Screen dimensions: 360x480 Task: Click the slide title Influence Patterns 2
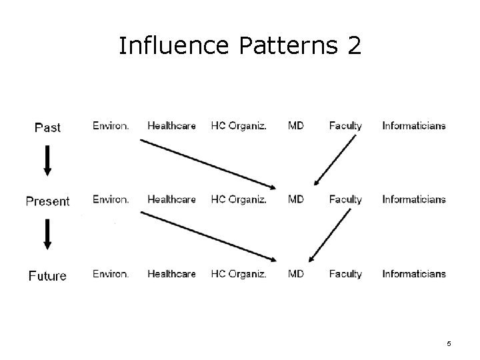click(x=240, y=46)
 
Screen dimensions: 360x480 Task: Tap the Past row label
click(x=47, y=127)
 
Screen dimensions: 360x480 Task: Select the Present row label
click(x=47, y=201)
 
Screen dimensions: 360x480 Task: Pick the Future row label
click(x=47, y=275)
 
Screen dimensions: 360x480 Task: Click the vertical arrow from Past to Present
click(x=47, y=161)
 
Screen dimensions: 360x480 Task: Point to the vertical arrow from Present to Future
click(x=47, y=235)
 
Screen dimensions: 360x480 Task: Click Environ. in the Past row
click(x=111, y=125)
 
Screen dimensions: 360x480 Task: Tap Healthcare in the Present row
click(x=171, y=199)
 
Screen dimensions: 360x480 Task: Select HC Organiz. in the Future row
click(x=238, y=274)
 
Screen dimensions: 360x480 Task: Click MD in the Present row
click(x=296, y=199)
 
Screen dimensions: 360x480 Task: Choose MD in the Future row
click(x=296, y=274)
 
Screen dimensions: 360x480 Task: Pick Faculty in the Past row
click(x=345, y=125)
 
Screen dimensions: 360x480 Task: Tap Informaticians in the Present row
click(x=414, y=199)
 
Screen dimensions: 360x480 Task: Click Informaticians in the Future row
click(x=414, y=274)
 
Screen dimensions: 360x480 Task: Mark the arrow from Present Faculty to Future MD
click(x=331, y=235)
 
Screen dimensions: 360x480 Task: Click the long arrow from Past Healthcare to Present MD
click(x=208, y=162)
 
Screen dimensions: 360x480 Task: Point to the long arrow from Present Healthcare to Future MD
click(x=208, y=236)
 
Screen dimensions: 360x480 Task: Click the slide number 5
click(x=449, y=343)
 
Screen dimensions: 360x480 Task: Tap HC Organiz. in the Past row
click(x=238, y=125)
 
